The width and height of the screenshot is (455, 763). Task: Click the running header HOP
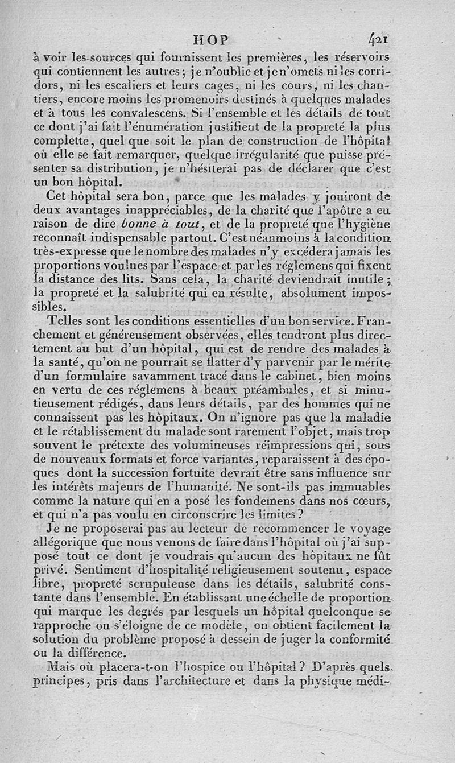click(x=211, y=40)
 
